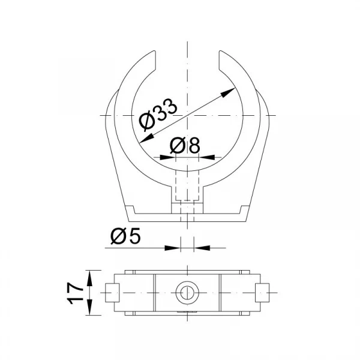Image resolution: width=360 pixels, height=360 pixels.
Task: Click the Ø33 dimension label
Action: click(x=158, y=115)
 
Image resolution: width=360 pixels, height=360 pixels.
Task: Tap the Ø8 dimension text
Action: click(x=185, y=145)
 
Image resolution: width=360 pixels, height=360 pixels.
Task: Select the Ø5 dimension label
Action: click(x=125, y=236)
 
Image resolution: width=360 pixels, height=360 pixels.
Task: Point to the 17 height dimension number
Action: click(x=76, y=293)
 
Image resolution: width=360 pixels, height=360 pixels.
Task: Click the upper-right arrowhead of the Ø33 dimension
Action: click(x=228, y=92)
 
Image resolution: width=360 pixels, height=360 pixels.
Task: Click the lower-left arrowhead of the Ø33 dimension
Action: click(x=147, y=139)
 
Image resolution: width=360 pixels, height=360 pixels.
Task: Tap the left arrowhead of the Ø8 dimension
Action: click(x=168, y=157)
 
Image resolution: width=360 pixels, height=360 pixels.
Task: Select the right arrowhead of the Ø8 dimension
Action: click(x=206, y=157)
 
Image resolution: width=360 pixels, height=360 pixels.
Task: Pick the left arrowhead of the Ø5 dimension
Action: click(x=173, y=248)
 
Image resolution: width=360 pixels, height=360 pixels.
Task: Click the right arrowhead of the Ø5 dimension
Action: click(x=202, y=248)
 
